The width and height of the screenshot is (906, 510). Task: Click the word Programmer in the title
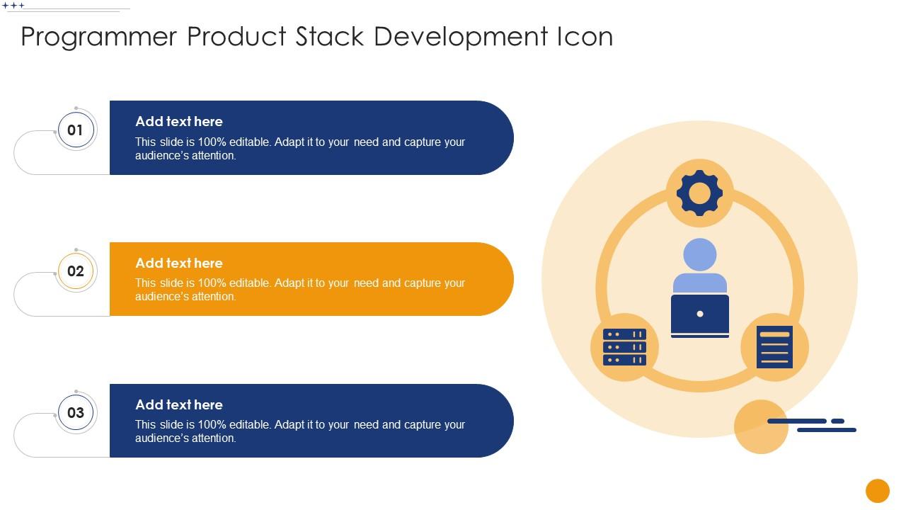click(x=99, y=37)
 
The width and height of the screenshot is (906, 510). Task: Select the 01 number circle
click(x=76, y=130)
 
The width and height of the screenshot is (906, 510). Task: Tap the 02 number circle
click(x=76, y=271)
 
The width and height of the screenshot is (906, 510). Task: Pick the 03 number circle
click(x=76, y=413)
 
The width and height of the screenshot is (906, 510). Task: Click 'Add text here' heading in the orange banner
click(x=179, y=263)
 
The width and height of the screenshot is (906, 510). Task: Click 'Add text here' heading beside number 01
click(x=179, y=122)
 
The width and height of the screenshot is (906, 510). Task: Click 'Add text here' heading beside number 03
click(x=179, y=405)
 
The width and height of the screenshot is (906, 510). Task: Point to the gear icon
click(x=699, y=193)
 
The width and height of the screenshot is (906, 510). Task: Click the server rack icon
click(x=624, y=347)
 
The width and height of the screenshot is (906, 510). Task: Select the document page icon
click(x=774, y=347)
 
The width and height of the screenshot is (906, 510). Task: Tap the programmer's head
click(x=699, y=255)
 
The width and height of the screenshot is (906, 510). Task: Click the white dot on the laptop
click(x=699, y=314)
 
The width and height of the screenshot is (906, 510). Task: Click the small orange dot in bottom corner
click(x=877, y=491)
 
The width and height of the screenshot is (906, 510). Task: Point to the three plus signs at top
click(x=13, y=6)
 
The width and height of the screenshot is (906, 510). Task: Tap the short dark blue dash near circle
click(x=837, y=421)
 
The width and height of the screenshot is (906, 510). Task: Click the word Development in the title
click(x=460, y=37)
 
